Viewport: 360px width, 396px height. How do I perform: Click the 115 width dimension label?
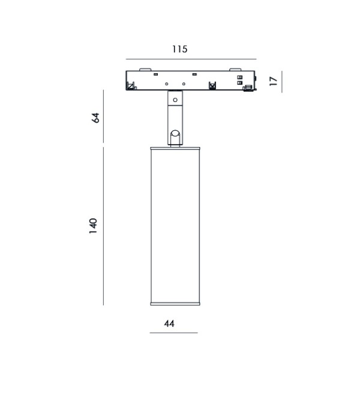(x=179, y=49)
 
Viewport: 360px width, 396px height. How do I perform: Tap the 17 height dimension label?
(x=273, y=81)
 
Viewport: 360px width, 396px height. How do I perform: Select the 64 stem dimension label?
(x=95, y=118)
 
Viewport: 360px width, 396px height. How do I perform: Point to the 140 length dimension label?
(x=93, y=226)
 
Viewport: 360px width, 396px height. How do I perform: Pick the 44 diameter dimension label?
(x=169, y=323)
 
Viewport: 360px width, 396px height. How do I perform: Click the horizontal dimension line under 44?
(x=173, y=333)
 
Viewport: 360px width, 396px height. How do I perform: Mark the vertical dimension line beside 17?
(x=281, y=82)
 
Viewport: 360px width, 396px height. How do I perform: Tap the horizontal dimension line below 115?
(x=191, y=59)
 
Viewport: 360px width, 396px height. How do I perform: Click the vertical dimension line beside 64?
(x=103, y=116)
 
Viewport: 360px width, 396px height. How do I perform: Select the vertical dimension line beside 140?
(x=103, y=226)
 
